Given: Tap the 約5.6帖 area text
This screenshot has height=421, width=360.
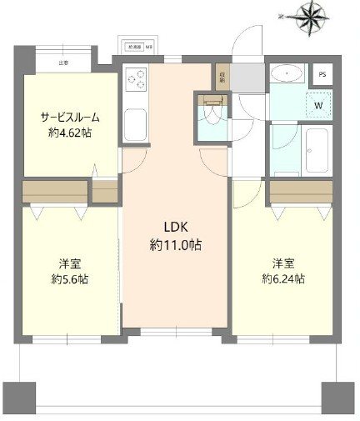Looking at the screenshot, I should pyautogui.click(x=62, y=279).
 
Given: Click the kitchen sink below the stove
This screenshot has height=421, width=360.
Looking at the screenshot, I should pyautogui.click(x=136, y=125).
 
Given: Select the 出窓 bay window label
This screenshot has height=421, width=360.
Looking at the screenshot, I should pyautogui.click(x=63, y=63).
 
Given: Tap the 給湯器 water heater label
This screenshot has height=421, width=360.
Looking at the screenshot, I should pyautogui.click(x=135, y=48).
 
